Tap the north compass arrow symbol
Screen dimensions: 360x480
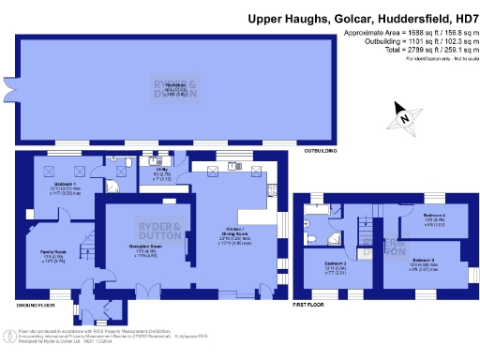click(x=404, y=118)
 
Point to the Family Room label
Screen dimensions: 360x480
click(x=39, y=255)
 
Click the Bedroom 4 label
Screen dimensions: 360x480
click(x=433, y=217)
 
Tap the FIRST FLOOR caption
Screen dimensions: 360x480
click(x=310, y=306)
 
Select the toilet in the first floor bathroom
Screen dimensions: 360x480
click(x=310, y=225)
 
